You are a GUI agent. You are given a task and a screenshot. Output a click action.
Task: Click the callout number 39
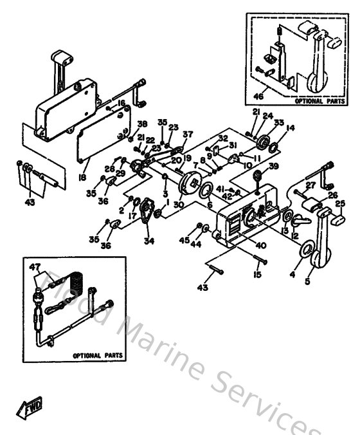point(274,166)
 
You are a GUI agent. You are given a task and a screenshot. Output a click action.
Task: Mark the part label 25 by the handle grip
point(340,205)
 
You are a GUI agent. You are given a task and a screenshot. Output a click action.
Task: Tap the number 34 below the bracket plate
point(150,241)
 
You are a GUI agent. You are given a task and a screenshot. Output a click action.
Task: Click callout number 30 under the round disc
point(178,205)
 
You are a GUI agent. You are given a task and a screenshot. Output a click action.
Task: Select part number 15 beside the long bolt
point(258,275)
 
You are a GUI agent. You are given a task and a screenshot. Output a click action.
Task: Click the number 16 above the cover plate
point(120,103)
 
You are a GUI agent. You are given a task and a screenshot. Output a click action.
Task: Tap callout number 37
point(188,134)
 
